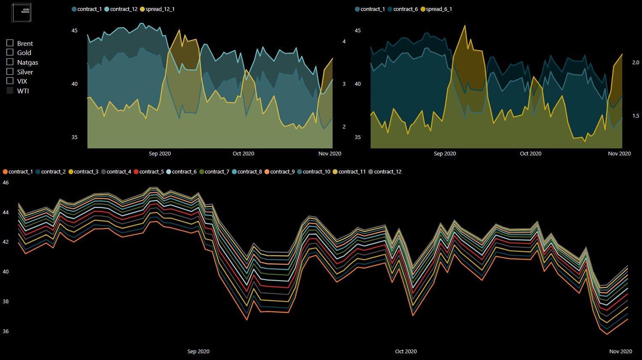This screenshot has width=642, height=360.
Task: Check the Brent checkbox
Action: (10, 43)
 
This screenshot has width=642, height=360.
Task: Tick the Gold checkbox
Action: (10, 53)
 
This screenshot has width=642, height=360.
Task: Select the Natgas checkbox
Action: (10, 62)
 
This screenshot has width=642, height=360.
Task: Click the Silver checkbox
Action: (10, 71)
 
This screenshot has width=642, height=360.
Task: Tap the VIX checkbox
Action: (10, 81)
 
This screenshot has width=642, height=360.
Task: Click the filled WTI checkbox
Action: (10, 90)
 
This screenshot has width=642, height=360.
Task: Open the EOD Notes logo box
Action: (21, 12)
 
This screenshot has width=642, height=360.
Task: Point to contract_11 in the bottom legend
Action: (352, 172)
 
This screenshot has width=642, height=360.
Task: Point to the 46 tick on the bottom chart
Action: (6, 183)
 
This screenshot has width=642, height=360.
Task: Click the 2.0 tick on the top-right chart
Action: (636, 63)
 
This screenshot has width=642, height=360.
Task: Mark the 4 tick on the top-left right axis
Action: (344, 42)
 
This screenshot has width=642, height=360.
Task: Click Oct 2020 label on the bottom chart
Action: (406, 352)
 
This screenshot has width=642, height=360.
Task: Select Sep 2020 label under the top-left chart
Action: (160, 154)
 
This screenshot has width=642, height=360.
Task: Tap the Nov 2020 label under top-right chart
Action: (619, 154)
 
